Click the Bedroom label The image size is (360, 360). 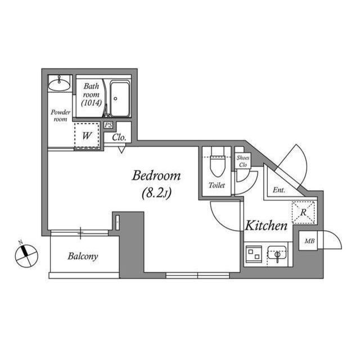coord(156,175)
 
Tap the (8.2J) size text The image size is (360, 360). coord(157,193)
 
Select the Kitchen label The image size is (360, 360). coord(266,226)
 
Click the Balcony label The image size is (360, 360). coord(83,256)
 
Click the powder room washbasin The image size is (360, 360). coord(59,84)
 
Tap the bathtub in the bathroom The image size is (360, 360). coord(120,98)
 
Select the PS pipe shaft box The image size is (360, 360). coord(109,125)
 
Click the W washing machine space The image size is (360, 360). coord(87,136)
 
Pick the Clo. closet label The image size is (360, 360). coord(119,137)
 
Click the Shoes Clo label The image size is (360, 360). coord(243,161)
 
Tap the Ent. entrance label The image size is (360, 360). coord(279,190)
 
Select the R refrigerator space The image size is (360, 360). coord(303,213)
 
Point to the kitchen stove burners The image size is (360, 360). coord(254,254)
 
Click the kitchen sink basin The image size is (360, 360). coord(277,254)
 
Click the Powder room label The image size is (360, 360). coord(60,116)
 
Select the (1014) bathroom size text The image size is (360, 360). coord(92,103)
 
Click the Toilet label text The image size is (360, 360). coord(217,185)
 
